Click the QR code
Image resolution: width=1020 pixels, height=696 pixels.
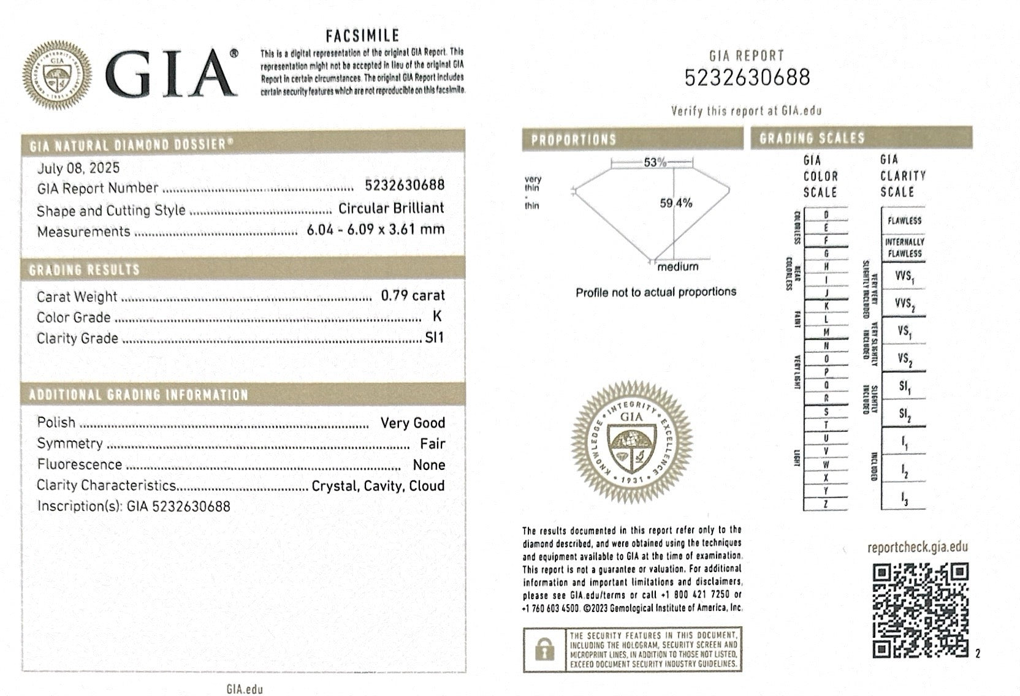point(920,610)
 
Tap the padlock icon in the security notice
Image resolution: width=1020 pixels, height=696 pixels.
point(544,649)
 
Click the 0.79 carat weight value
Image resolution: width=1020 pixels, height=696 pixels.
point(413,295)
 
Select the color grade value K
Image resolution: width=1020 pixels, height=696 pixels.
point(436,316)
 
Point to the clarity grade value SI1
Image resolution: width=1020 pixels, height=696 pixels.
point(434,338)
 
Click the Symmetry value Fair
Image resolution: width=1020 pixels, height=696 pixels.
point(432,444)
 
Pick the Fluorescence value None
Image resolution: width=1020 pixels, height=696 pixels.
point(428,465)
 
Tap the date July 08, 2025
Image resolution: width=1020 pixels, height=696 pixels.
point(78,168)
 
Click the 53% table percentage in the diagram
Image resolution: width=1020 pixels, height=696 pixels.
point(655,162)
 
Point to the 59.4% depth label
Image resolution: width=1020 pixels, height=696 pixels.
point(676,203)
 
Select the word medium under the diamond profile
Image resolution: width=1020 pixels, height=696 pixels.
point(677,267)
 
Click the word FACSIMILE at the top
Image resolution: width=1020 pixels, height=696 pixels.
point(362,36)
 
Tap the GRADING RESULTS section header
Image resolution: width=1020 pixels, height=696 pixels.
point(85,270)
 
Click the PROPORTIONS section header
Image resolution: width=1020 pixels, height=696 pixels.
point(573,140)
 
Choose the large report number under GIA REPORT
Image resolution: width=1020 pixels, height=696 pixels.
point(747,78)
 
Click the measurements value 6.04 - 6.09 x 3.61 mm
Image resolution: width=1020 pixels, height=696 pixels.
point(375,230)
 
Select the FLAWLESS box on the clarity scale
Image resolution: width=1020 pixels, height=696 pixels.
point(904,221)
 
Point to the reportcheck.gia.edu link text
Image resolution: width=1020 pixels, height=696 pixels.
point(918,548)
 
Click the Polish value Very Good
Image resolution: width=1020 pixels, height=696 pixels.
point(413,423)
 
